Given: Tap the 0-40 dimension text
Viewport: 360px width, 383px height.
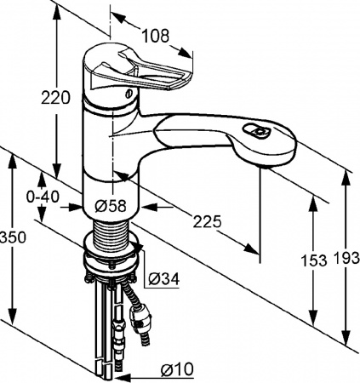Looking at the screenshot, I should [x=43, y=197].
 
